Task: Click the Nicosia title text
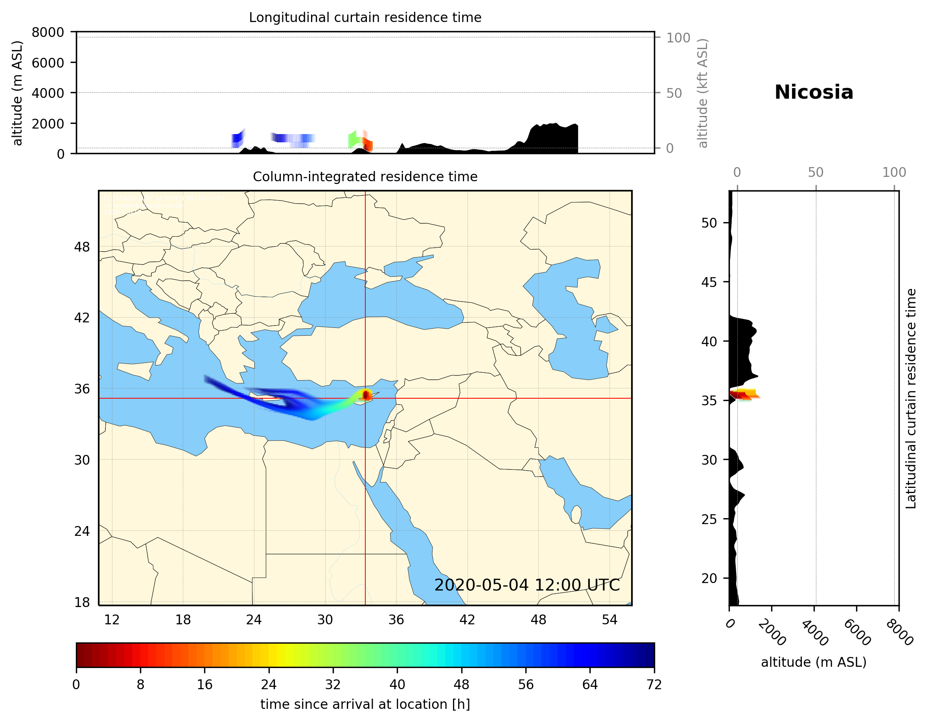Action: click(814, 92)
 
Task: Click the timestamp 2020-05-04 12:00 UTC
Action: click(527, 585)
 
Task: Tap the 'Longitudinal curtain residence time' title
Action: click(365, 17)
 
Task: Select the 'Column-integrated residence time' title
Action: click(365, 177)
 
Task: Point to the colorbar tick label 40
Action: click(397, 685)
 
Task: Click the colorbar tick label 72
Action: click(654, 685)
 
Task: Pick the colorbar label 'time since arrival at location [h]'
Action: click(365, 704)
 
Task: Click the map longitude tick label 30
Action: click(325, 620)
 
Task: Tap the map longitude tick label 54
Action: click(610, 620)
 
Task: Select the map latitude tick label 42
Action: click(82, 318)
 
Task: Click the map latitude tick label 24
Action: click(82, 532)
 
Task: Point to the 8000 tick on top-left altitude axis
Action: click(48, 32)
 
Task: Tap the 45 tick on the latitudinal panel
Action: click(709, 282)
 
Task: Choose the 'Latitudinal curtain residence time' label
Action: click(910, 399)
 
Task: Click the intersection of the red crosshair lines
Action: click(365, 398)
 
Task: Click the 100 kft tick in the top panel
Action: click(678, 38)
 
